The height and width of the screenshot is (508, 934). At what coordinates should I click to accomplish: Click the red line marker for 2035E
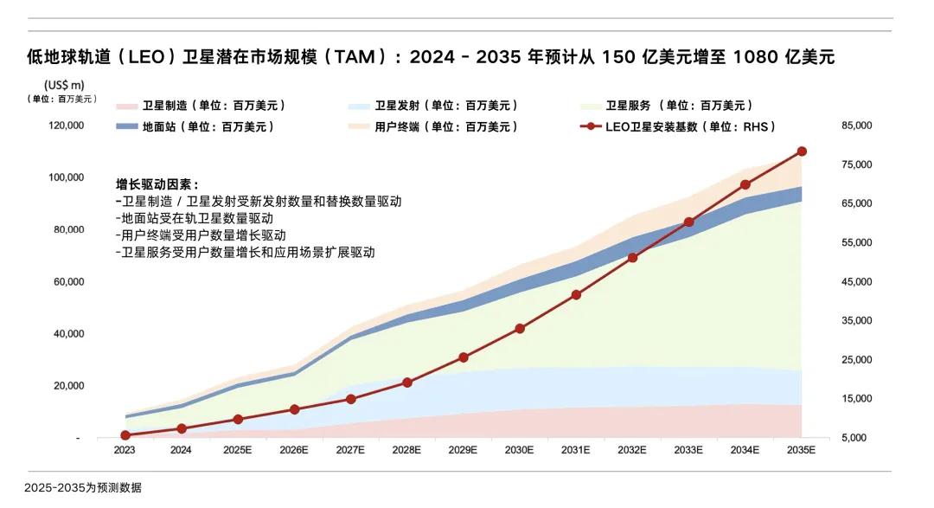click(802, 151)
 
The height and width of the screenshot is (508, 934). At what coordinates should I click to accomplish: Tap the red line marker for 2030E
click(520, 329)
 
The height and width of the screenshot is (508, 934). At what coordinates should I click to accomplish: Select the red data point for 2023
click(125, 435)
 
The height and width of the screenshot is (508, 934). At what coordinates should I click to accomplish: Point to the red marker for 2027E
click(350, 399)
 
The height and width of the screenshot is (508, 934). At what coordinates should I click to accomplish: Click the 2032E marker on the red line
click(632, 258)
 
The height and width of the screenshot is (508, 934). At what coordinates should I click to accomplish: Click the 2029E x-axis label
click(463, 450)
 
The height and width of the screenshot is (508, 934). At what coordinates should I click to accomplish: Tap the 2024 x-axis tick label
click(181, 450)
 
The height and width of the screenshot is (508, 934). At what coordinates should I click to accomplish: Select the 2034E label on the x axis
click(745, 450)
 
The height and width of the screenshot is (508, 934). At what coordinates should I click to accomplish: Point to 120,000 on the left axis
click(67, 125)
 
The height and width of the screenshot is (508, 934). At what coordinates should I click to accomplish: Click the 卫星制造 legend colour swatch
click(126, 106)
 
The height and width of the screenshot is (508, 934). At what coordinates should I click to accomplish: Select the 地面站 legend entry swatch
click(126, 126)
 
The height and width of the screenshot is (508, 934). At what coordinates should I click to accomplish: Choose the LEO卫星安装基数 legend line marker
click(590, 126)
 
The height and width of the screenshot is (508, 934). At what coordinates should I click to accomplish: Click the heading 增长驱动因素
click(157, 184)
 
